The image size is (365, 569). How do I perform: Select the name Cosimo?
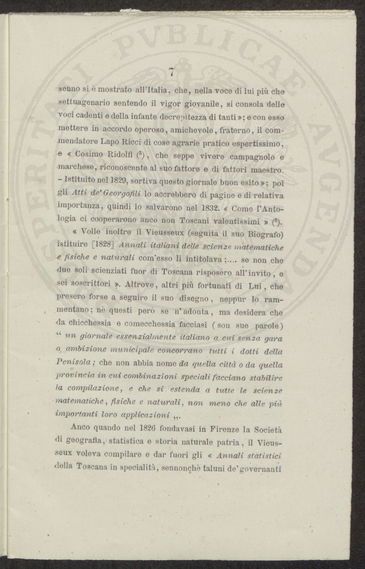(89, 154)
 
